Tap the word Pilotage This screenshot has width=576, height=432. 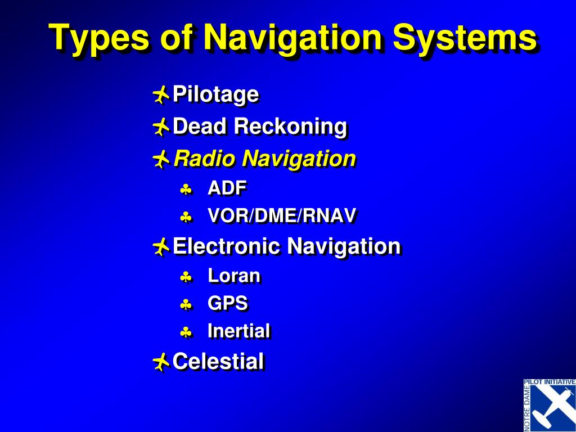215,94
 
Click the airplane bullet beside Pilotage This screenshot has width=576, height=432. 160,95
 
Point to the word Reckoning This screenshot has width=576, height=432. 290,127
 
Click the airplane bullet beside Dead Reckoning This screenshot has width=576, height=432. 160,127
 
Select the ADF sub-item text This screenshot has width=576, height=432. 227,188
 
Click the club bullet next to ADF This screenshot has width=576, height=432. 186,190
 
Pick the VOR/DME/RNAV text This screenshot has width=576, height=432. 282,216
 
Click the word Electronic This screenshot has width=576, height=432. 226,246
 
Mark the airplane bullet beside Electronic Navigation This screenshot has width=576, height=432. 160,246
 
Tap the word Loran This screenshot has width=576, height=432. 234,276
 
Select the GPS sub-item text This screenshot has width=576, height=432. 227,304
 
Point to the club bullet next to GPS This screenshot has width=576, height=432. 186,305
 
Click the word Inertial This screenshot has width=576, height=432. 238,331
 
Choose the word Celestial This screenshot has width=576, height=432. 218,361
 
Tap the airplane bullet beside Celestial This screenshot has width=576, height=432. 160,362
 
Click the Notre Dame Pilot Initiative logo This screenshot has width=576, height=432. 549,405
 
